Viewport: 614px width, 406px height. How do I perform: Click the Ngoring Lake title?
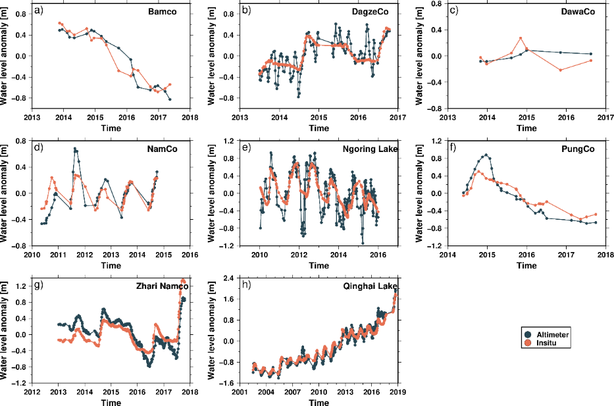[371, 149]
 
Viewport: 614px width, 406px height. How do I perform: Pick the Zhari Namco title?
[162, 286]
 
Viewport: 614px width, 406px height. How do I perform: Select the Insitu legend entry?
[546, 343]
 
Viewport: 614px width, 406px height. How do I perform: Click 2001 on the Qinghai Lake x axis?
[240, 392]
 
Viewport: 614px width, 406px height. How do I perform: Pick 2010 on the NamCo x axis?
[32, 255]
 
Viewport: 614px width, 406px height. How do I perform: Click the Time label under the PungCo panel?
[526, 265]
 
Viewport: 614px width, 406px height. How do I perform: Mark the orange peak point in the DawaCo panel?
[521, 38]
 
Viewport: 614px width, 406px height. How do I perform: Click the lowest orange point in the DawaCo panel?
[561, 70]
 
